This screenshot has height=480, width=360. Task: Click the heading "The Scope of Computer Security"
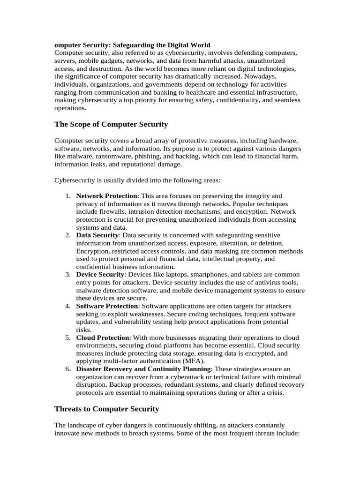111,124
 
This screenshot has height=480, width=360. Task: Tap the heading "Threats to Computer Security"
107,409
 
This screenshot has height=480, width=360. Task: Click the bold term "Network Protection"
107,195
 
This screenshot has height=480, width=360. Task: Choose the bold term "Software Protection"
107,306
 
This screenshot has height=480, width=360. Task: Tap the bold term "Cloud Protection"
103,337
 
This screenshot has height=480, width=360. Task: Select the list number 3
68,274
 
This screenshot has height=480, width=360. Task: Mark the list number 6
68,369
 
